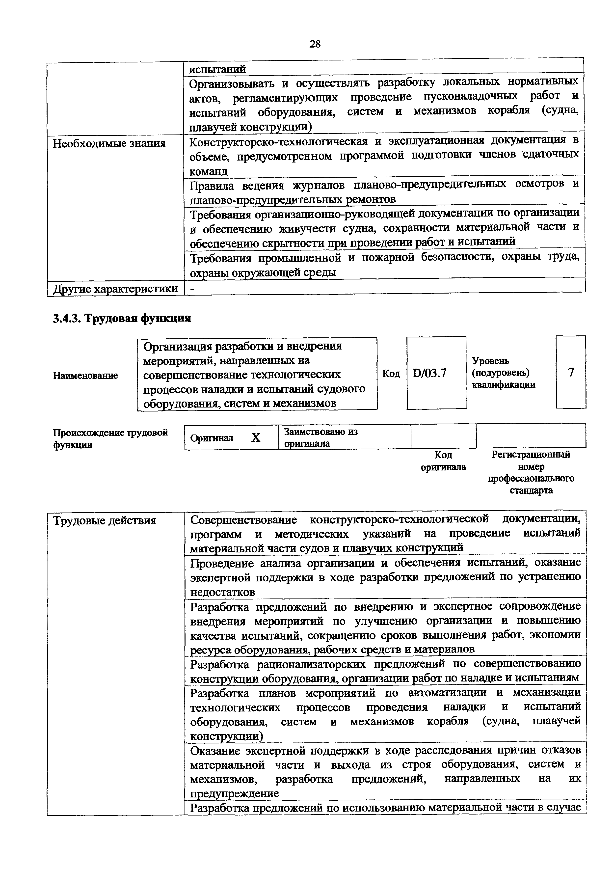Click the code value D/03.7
[429, 373]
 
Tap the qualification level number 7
[571, 372]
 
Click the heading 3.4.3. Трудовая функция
[122, 318]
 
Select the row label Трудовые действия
[105, 521]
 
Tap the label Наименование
[85, 376]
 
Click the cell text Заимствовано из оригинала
[320, 437]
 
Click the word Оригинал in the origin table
[212, 438]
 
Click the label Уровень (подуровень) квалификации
[503, 373]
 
